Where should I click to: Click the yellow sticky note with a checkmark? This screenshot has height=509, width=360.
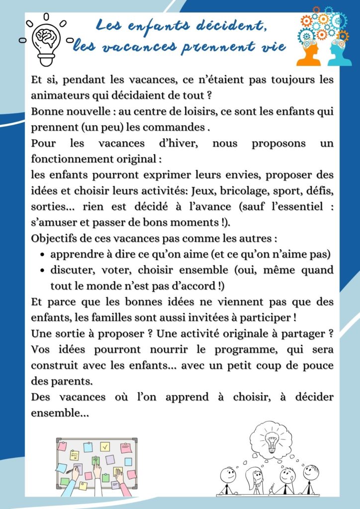[105, 447]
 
